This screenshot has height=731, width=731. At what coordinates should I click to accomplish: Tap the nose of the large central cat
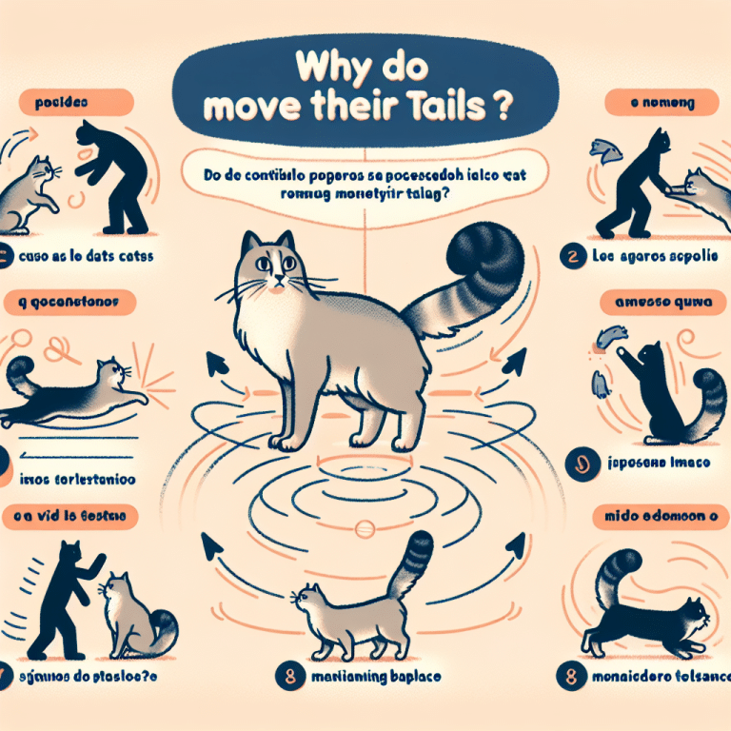274,281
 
